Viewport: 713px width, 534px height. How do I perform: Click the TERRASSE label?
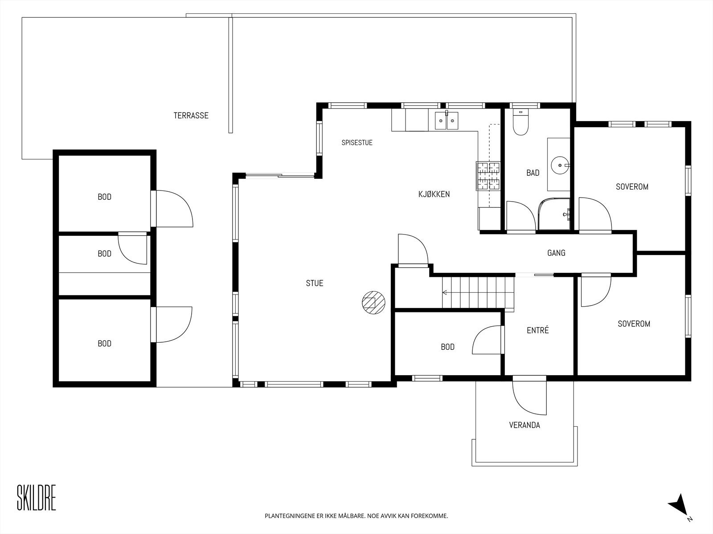point(191,115)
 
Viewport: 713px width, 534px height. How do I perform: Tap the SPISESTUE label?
point(357,143)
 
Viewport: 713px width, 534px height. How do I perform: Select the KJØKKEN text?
point(434,194)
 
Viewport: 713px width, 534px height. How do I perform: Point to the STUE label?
point(315,283)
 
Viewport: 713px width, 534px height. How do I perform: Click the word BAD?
point(533,173)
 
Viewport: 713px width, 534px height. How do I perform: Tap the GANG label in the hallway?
point(556,253)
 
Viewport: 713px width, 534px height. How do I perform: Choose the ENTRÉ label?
point(537,330)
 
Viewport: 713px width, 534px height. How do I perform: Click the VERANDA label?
point(525,425)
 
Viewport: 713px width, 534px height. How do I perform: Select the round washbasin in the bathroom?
point(560,165)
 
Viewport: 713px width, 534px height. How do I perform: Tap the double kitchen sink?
point(447,120)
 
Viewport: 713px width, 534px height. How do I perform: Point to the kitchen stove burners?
point(488,176)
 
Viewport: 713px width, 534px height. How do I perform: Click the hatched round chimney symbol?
point(373,303)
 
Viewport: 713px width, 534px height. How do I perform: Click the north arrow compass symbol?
point(679,512)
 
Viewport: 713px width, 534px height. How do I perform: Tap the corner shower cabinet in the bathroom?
point(554,214)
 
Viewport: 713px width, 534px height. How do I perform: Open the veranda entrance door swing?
point(529,397)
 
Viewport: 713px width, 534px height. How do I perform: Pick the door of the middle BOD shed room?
point(132,249)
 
